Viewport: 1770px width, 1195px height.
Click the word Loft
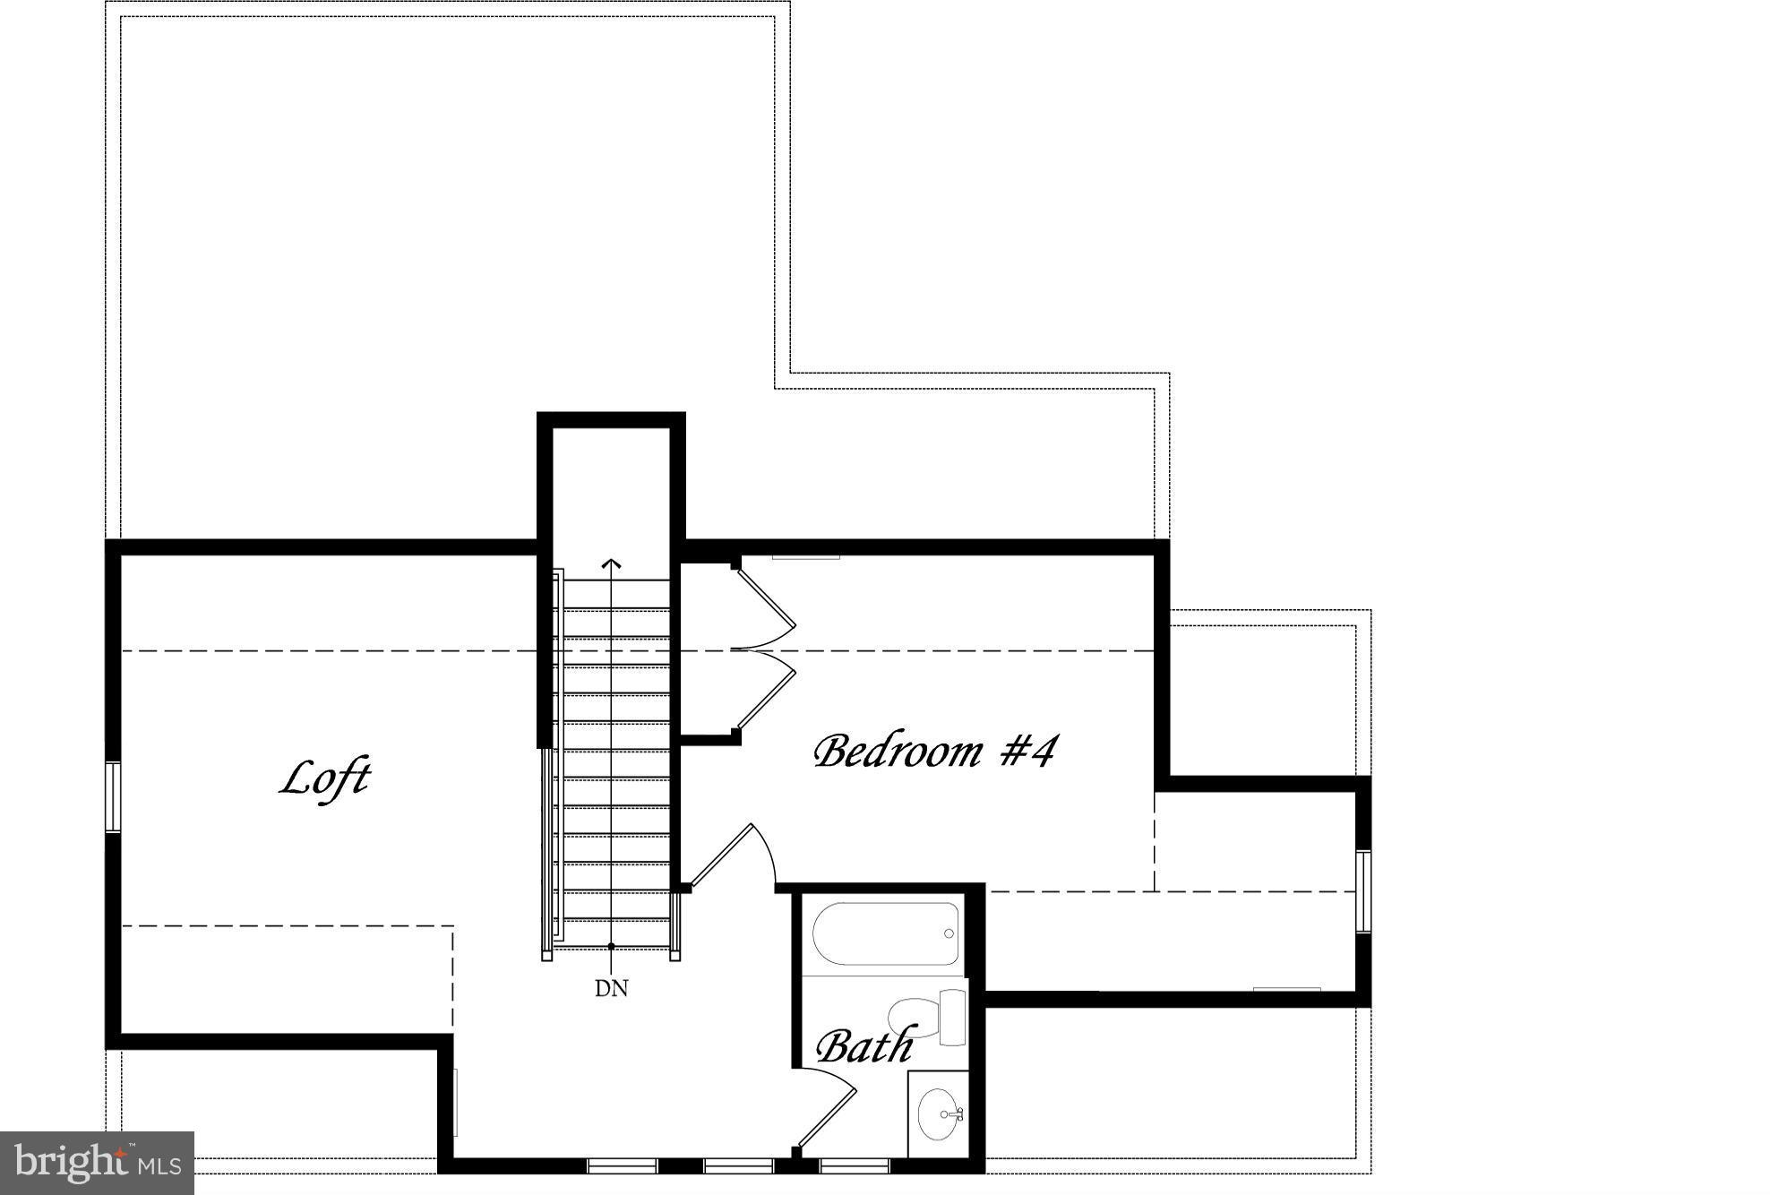pos(325,778)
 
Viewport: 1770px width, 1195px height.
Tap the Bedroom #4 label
pos(934,751)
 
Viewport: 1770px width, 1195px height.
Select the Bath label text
pos(864,1045)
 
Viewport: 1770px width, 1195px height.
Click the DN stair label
pos(612,988)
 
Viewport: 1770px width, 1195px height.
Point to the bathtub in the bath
pos(885,933)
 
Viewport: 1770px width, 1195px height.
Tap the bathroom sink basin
pos(937,1115)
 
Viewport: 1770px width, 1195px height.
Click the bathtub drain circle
pos(949,934)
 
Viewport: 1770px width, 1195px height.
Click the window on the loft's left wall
pos(113,796)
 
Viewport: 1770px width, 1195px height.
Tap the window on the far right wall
pos(1363,891)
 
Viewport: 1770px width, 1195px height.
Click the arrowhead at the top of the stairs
pos(612,563)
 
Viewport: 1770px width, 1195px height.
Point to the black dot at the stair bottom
pos(612,946)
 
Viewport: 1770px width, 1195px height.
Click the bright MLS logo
pos(98,1163)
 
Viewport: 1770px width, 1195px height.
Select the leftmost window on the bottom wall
pos(623,1165)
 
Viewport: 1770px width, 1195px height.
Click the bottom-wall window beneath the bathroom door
pos(854,1165)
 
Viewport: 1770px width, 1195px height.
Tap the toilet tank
pos(954,1017)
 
